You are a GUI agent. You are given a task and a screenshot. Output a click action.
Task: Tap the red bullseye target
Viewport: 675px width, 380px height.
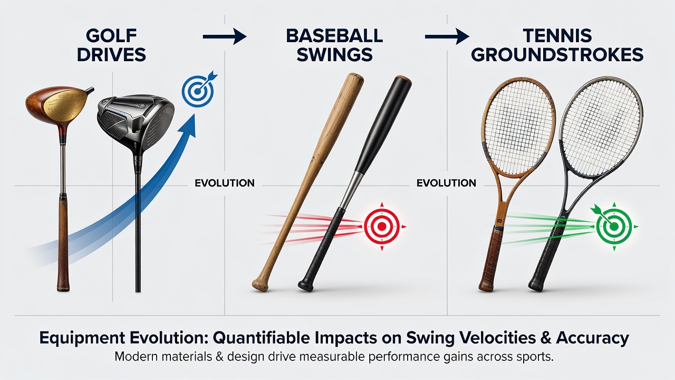(x=382, y=226)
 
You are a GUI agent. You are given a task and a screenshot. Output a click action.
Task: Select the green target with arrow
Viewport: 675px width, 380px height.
(x=614, y=226)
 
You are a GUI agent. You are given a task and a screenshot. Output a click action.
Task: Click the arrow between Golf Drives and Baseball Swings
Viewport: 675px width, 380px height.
(x=225, y=36)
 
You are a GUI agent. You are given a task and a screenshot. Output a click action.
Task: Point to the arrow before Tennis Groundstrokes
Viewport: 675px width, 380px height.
(x=447, y=36)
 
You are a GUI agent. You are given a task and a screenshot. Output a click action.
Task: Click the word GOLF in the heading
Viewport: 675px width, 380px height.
(x=111, y=36)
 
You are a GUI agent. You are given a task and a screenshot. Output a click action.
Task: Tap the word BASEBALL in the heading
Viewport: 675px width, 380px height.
(x=334, y=36)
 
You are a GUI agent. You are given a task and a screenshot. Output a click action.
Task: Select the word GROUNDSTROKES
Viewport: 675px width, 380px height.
(x=557, y=55)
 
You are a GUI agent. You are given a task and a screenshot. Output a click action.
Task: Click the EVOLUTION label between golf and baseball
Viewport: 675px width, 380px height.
(x=225, y=183)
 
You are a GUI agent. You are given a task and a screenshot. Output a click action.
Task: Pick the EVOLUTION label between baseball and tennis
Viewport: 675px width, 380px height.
(x=446, y=183)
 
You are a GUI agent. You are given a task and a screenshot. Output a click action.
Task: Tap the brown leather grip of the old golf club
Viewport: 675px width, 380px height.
(x=63, y=244)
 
